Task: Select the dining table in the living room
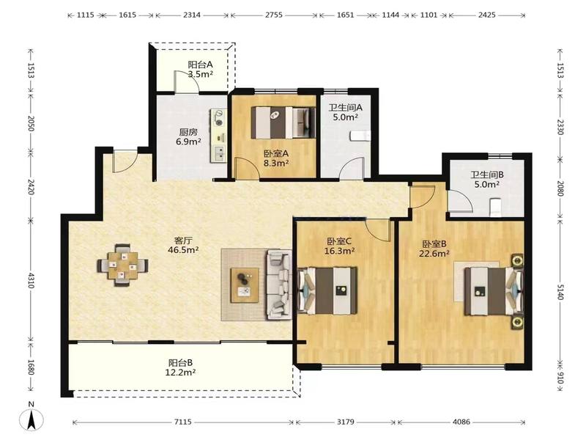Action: [123, 265]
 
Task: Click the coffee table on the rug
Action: [245, 285]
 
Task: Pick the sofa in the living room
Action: [279, 285]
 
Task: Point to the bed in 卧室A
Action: [281, 122]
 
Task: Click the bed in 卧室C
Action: [327, 290]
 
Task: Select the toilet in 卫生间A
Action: [360, 136]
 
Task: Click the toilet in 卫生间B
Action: [495, 208]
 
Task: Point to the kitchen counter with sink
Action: [218, 136]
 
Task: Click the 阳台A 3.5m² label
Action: [200, 69]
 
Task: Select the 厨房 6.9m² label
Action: [188, 137]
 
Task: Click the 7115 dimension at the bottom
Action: [183, 422]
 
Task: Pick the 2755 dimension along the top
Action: [274, 15]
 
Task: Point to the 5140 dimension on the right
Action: [560, 290]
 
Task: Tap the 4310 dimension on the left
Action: [31, 280]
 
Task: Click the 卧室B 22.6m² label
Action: [435, 249]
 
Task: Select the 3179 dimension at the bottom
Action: [346, 422]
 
